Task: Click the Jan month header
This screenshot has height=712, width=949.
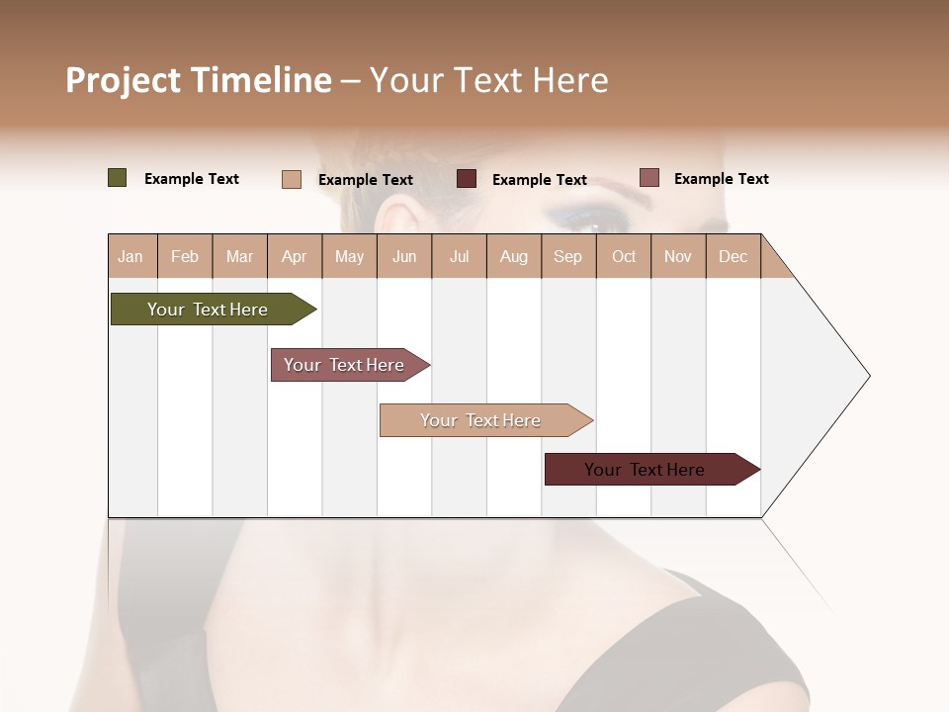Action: pos(131,256)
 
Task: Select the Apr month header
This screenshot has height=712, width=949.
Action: pos(295,256)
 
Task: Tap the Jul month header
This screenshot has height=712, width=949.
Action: pos(459,256)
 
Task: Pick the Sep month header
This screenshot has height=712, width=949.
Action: pos(567,256)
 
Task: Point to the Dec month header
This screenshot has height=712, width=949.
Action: pos(733,256)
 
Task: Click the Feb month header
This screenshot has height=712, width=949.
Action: pos(185,256)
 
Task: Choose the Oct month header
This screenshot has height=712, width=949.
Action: pos(624,256)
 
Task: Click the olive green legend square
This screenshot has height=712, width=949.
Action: pos(118,178)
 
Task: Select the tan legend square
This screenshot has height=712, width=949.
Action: pos(292,179)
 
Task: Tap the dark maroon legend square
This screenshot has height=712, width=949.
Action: pos(467,179)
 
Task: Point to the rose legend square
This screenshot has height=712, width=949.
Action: pos(649,178)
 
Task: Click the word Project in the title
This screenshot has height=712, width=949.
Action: pos(122,80)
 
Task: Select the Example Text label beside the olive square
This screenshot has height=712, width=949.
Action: pos(192,179)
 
